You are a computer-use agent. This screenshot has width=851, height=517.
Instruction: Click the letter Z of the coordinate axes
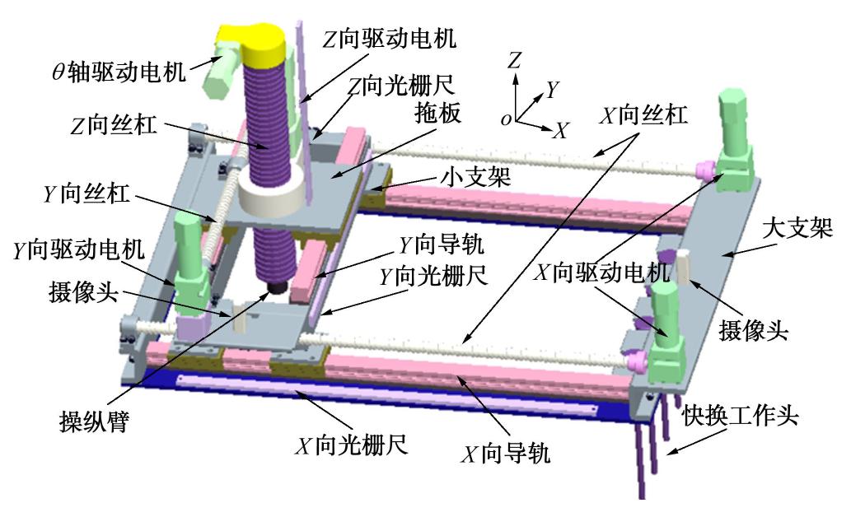[x=514, y=59]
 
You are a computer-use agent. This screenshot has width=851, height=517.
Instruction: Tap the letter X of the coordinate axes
[x=560, y=131]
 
